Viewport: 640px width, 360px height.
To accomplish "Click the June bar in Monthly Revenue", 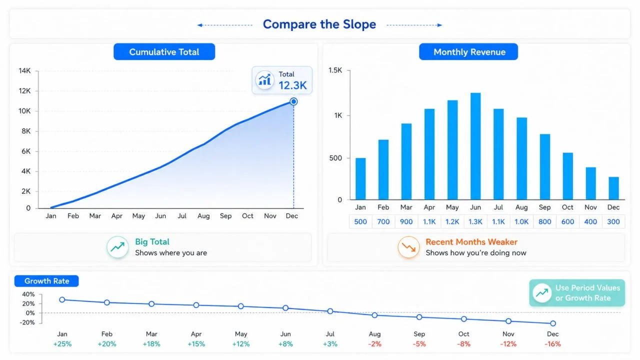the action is [475, 146].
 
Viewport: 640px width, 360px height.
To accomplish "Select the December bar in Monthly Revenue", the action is [613, 188].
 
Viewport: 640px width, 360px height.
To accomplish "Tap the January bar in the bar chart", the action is [360, 178].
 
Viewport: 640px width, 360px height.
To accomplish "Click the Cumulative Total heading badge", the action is [164, 51].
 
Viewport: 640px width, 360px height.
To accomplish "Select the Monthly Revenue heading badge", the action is [468, 51].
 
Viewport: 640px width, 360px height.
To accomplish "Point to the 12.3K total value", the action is [292, 85].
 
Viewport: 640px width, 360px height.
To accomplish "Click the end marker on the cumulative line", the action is [293, 101].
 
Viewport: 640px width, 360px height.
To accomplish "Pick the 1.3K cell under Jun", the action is [475, 221].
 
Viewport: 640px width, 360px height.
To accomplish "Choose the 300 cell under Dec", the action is [613, 221].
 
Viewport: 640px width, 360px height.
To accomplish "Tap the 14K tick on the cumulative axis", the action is [24, 70].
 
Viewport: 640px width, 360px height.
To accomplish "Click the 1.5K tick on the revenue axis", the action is [335, 70].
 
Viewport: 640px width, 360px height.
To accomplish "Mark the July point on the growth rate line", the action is [330, 311].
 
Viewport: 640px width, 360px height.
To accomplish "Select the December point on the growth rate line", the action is [553, 323].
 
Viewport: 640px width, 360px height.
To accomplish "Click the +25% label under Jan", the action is [62, 344].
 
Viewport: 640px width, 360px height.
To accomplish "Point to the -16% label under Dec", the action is [552, 344].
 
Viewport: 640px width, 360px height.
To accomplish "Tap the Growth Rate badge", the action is [46, 281].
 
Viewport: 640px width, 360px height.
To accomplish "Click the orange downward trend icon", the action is [408, 247].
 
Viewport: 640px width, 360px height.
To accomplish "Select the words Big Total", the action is [152, 241].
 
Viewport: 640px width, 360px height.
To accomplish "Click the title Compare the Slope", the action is [319, 24].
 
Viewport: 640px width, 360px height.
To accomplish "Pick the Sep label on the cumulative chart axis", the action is [225, 216].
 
